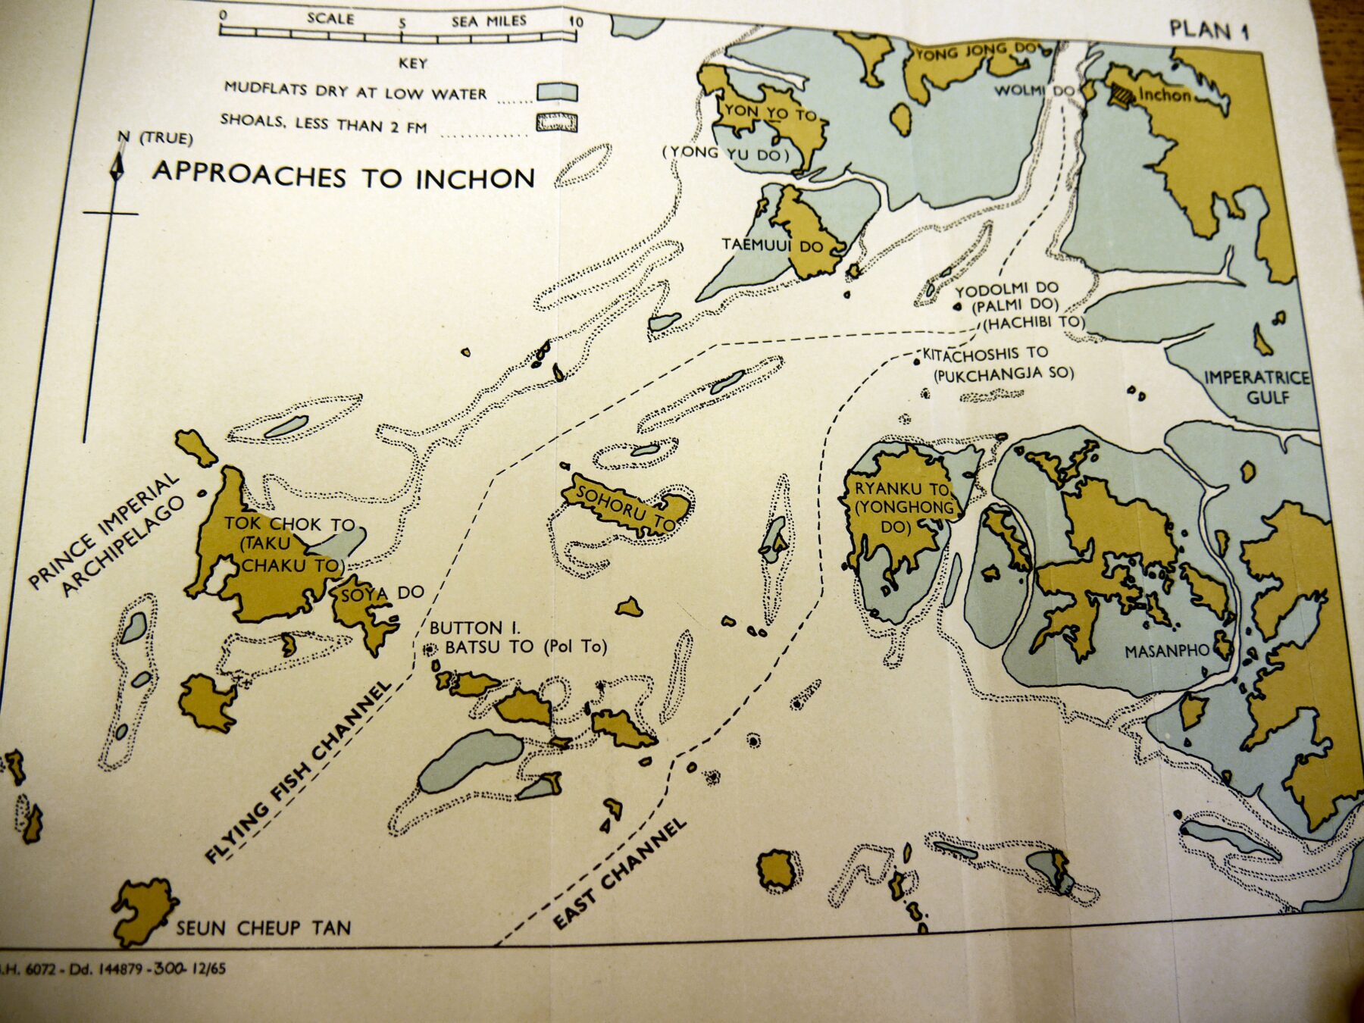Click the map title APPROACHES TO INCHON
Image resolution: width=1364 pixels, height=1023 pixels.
click(343, 175)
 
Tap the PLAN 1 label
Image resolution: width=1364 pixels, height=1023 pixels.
click(1209, 30)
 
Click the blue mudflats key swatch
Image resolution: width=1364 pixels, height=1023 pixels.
click(557, 92)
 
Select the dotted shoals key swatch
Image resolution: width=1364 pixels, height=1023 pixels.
click(557, 122)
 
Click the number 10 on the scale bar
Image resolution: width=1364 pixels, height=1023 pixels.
click(576, 22)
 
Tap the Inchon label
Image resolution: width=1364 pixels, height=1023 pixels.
click(1164, 95)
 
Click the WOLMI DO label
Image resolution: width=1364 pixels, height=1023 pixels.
click(1034, 90)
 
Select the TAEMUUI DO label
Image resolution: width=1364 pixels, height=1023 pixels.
click(771, 246)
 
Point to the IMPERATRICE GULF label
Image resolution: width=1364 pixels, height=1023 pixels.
click(1257, 386)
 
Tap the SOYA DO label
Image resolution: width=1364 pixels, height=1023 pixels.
click(382, 593)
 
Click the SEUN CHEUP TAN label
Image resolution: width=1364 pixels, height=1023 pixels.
click(264, 928)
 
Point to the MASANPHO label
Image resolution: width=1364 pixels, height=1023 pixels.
click(1167, 651)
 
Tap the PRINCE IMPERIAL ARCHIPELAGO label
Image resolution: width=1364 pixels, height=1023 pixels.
click(106, 534)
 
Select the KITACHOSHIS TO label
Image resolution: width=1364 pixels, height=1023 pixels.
click(985, 353)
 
